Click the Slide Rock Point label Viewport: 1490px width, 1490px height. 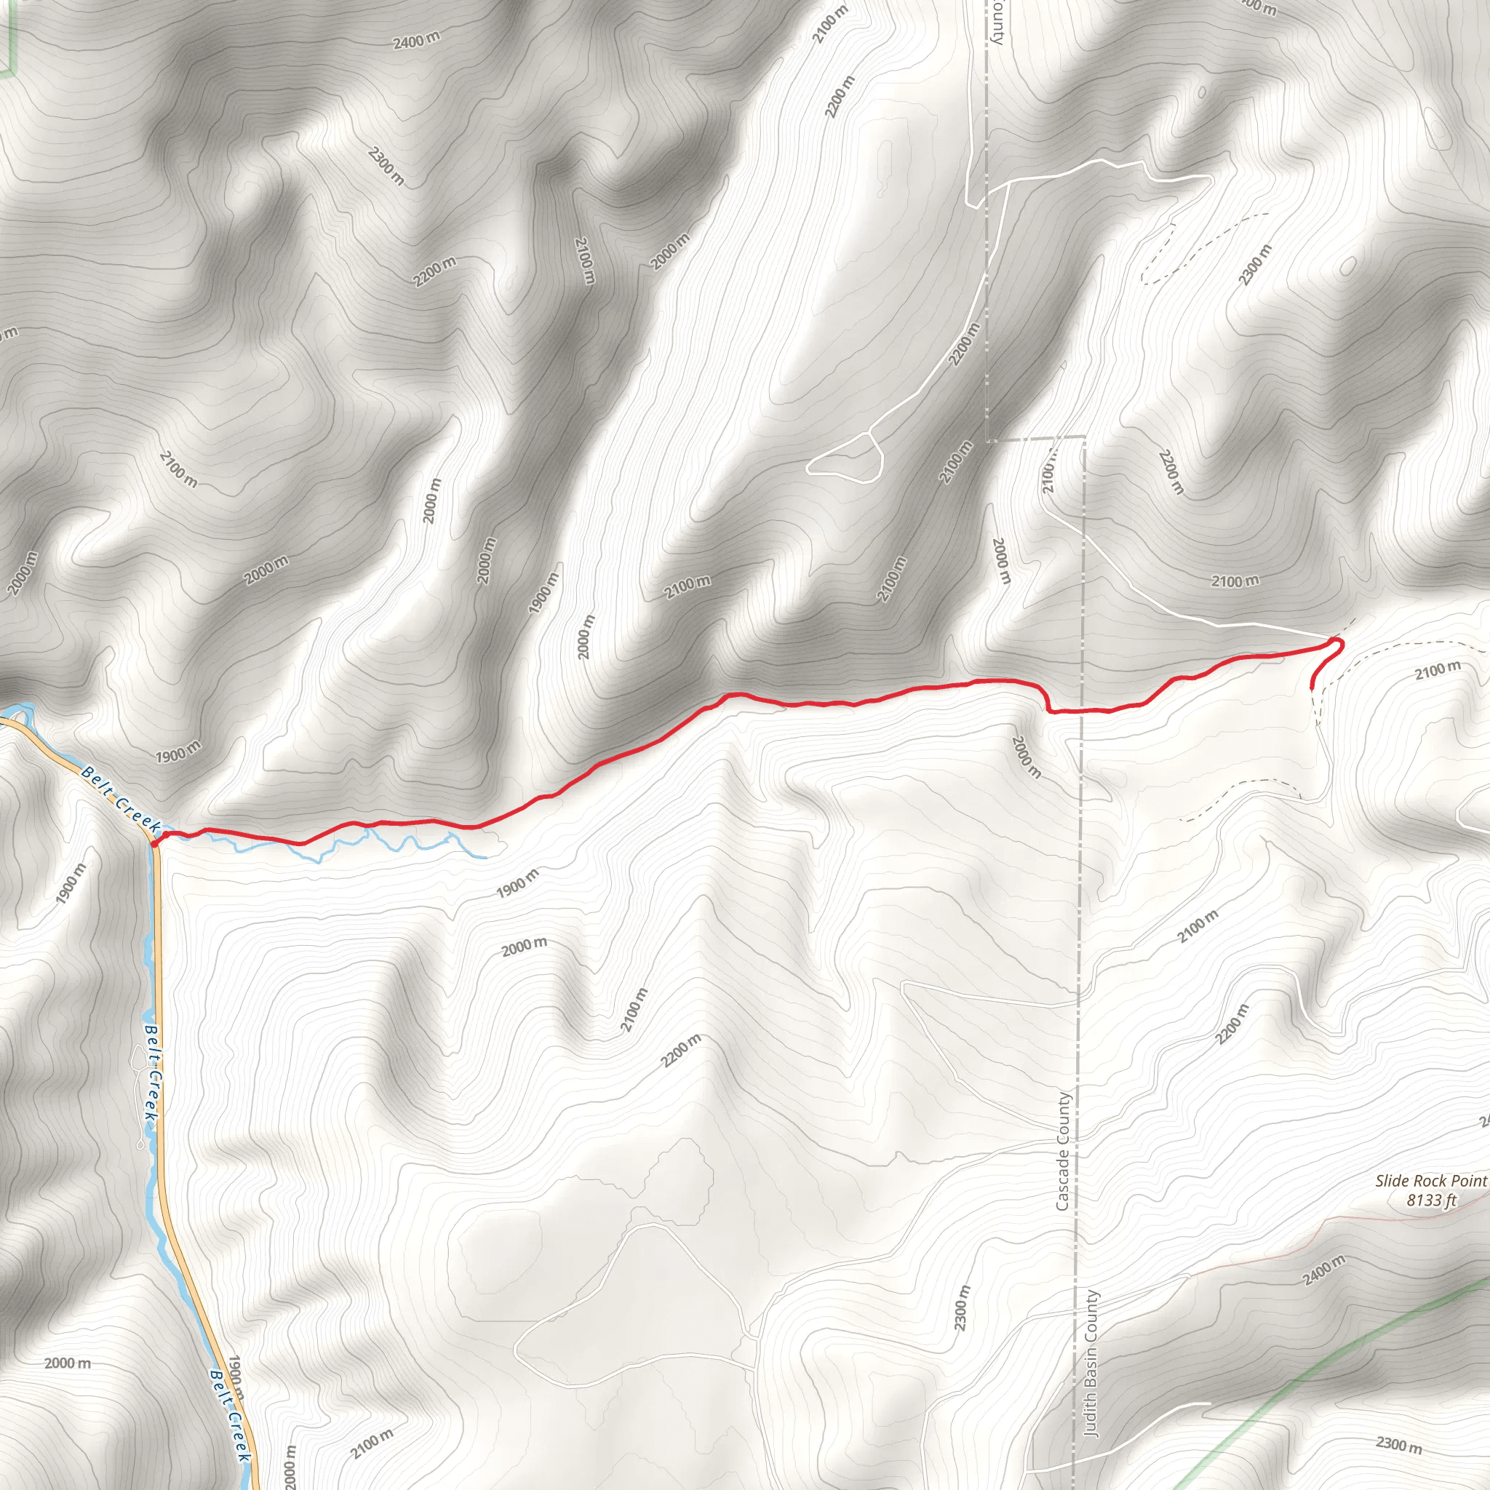[1430, 1181]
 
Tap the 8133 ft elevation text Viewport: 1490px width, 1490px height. [1431, 1200]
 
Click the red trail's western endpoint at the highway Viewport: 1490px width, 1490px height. [155, 845]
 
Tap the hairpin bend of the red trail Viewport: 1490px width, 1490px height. [1339, 642]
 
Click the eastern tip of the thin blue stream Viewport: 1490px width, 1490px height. [485, 857]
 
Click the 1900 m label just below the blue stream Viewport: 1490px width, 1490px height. [517, 883]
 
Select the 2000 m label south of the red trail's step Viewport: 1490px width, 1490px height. [1027, 757]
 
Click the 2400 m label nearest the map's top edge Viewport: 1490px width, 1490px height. [416, 40]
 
